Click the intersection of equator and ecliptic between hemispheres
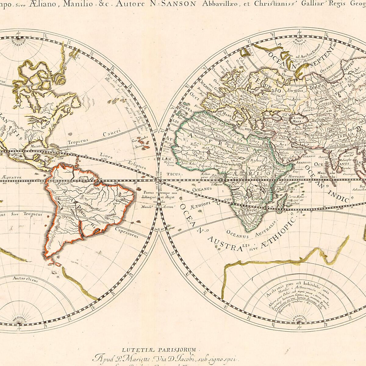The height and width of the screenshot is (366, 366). (x=159, y=181)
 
